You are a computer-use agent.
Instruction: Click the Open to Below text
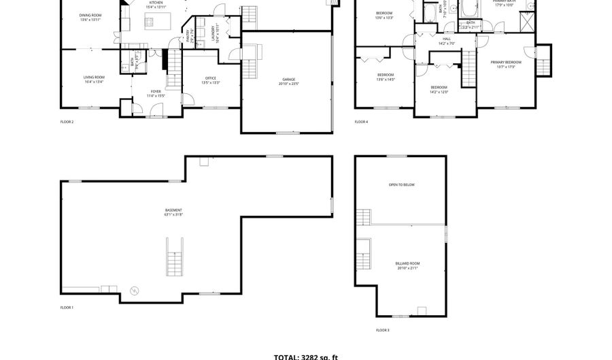tap(401, 185)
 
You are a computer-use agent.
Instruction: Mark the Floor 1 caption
tap(67, 308)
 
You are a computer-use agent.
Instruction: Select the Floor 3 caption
tap(383, 330)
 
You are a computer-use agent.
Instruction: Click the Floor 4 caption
tap(361, 122)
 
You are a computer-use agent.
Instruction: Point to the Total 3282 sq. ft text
tap(305, 356)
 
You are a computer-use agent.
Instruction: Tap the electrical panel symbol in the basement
tap(134, 291)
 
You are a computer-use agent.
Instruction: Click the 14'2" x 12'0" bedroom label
tap(439, 88)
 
